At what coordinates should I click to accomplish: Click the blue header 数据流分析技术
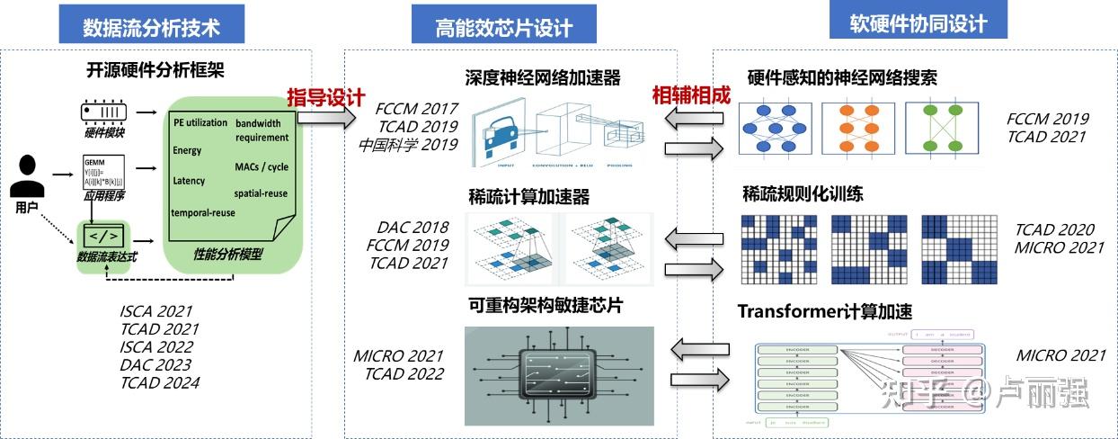tap(151, 27)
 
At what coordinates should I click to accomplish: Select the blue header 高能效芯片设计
tap(503, 27)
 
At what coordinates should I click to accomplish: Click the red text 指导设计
tap(326, 97)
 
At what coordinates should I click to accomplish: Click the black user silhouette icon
tap(27, 176)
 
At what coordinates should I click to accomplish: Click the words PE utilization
tap(200, 122)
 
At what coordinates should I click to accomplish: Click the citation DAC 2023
tap(155, 364)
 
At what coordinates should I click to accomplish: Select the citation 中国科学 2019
tap(408, 144)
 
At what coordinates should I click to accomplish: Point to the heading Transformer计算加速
tap(824, 312)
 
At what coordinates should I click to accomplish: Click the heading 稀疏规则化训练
tap(803, 193)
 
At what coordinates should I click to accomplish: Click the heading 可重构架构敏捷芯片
tap(546, 305)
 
